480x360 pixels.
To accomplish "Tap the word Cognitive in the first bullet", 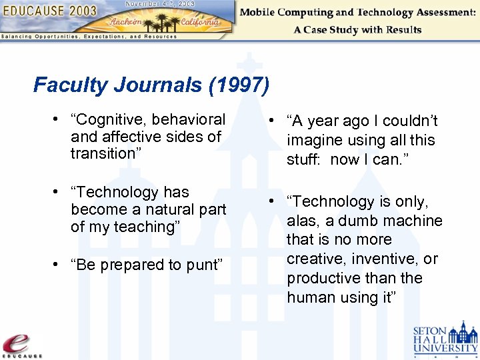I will tap(112, 120).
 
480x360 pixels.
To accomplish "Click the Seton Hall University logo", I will tap(445, 339).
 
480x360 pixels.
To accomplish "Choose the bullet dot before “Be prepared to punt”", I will tap(60, 265).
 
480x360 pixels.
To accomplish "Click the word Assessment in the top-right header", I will tap(437, 12).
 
